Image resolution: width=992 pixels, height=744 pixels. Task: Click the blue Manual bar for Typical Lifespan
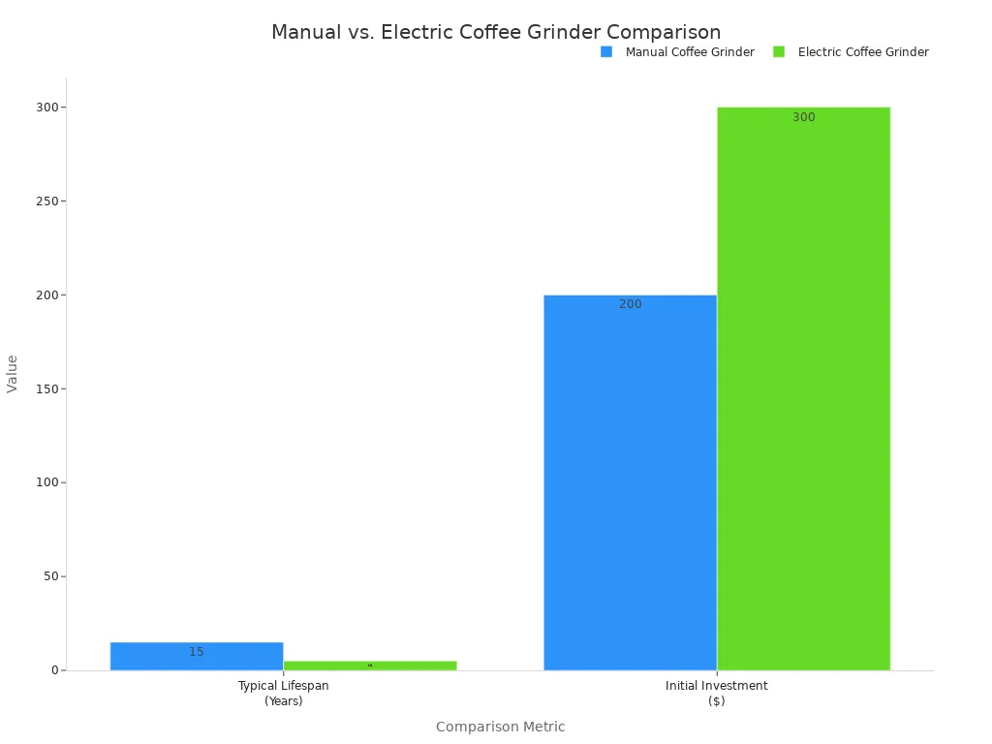[197, 656]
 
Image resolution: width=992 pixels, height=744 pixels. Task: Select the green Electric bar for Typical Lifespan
[370, 666]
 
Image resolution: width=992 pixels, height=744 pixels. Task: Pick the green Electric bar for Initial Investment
[803, 388]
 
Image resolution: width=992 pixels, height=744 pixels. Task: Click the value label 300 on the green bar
[804, 117]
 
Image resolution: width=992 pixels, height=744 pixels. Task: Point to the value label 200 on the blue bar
[631, 304]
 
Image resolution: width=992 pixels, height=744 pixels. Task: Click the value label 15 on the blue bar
[197, 652]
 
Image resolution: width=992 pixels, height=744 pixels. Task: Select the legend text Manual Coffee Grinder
[690, 52]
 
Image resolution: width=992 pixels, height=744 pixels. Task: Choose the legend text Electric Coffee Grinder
[863, 52]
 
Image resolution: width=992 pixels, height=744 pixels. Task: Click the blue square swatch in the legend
[606, 51]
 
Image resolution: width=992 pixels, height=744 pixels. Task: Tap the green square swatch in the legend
[779, 51]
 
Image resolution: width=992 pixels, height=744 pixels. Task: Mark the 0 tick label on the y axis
[56, 670]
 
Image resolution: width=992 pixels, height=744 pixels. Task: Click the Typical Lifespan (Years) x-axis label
[284, 693]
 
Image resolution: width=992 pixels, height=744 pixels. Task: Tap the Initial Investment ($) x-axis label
[717, 693]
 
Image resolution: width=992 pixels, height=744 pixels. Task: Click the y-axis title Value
[13, 373]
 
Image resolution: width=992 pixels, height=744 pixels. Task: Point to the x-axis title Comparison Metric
[500, 727]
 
